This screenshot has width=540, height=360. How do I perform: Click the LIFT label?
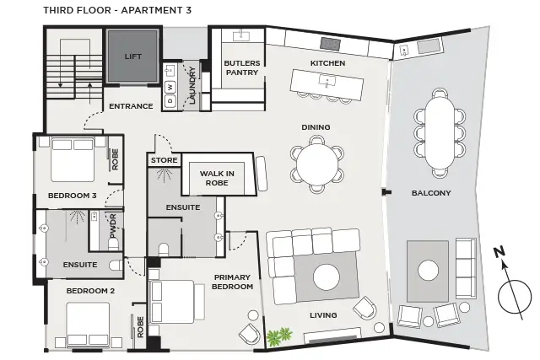[x=132, y=56]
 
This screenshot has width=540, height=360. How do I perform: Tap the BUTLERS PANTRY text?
[x=241, y=68]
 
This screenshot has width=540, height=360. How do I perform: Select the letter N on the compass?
[x=499, y=251]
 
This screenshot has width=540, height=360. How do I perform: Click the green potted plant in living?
[x=275, y=338]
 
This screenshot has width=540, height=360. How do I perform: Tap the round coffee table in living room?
[x=327, y=277]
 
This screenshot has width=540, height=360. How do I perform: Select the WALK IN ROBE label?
[x=217, y=178]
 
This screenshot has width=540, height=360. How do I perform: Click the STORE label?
[x=164, y=160]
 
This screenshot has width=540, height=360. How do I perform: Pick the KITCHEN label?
[x=328, y=64]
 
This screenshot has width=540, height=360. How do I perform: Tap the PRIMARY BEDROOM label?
[x=234, y=282]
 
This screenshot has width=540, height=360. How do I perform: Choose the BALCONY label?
[x=431, y=193]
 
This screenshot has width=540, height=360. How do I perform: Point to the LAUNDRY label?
[x=192, y=86]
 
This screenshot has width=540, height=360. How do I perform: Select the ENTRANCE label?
[x=131, y=106]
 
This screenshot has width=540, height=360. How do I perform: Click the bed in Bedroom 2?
[x=88, y=322]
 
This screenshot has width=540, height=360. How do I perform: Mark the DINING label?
[x=316, y=127]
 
